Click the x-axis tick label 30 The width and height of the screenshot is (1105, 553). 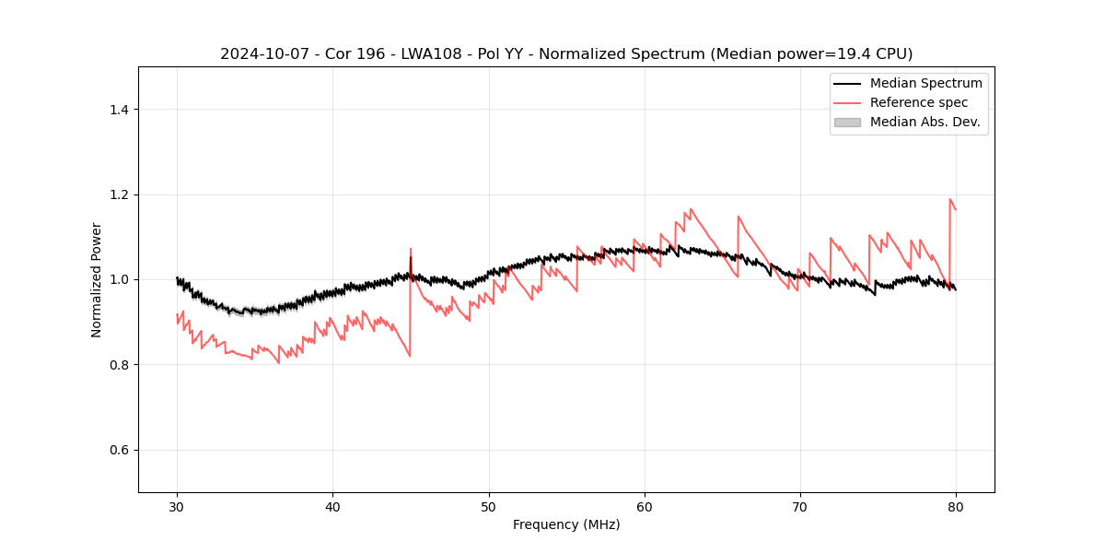[x=177, y=507]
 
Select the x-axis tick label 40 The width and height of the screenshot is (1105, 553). [x=332, y=507]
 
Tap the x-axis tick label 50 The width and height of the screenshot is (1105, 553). [x=489, y=507]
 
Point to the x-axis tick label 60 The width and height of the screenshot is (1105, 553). [x=645, y=507]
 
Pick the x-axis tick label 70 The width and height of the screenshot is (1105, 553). [x=800, y=507]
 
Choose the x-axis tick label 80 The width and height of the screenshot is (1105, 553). [x=956, y=507]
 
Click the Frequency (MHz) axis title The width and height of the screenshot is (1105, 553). [x=566, y=524]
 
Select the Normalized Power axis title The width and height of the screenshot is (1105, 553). [x=97, y=279]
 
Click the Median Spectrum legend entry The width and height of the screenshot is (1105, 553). [x=925, y=83]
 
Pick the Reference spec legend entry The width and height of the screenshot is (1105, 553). [x=919, y=102]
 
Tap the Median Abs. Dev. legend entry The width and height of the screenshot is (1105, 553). [x=925, y=122]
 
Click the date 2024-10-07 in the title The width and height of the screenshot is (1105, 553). [x=261, y=54]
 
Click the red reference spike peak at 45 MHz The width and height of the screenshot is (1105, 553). [x=411, y=249]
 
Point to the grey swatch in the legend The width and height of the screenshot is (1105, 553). [x=847, y=122]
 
